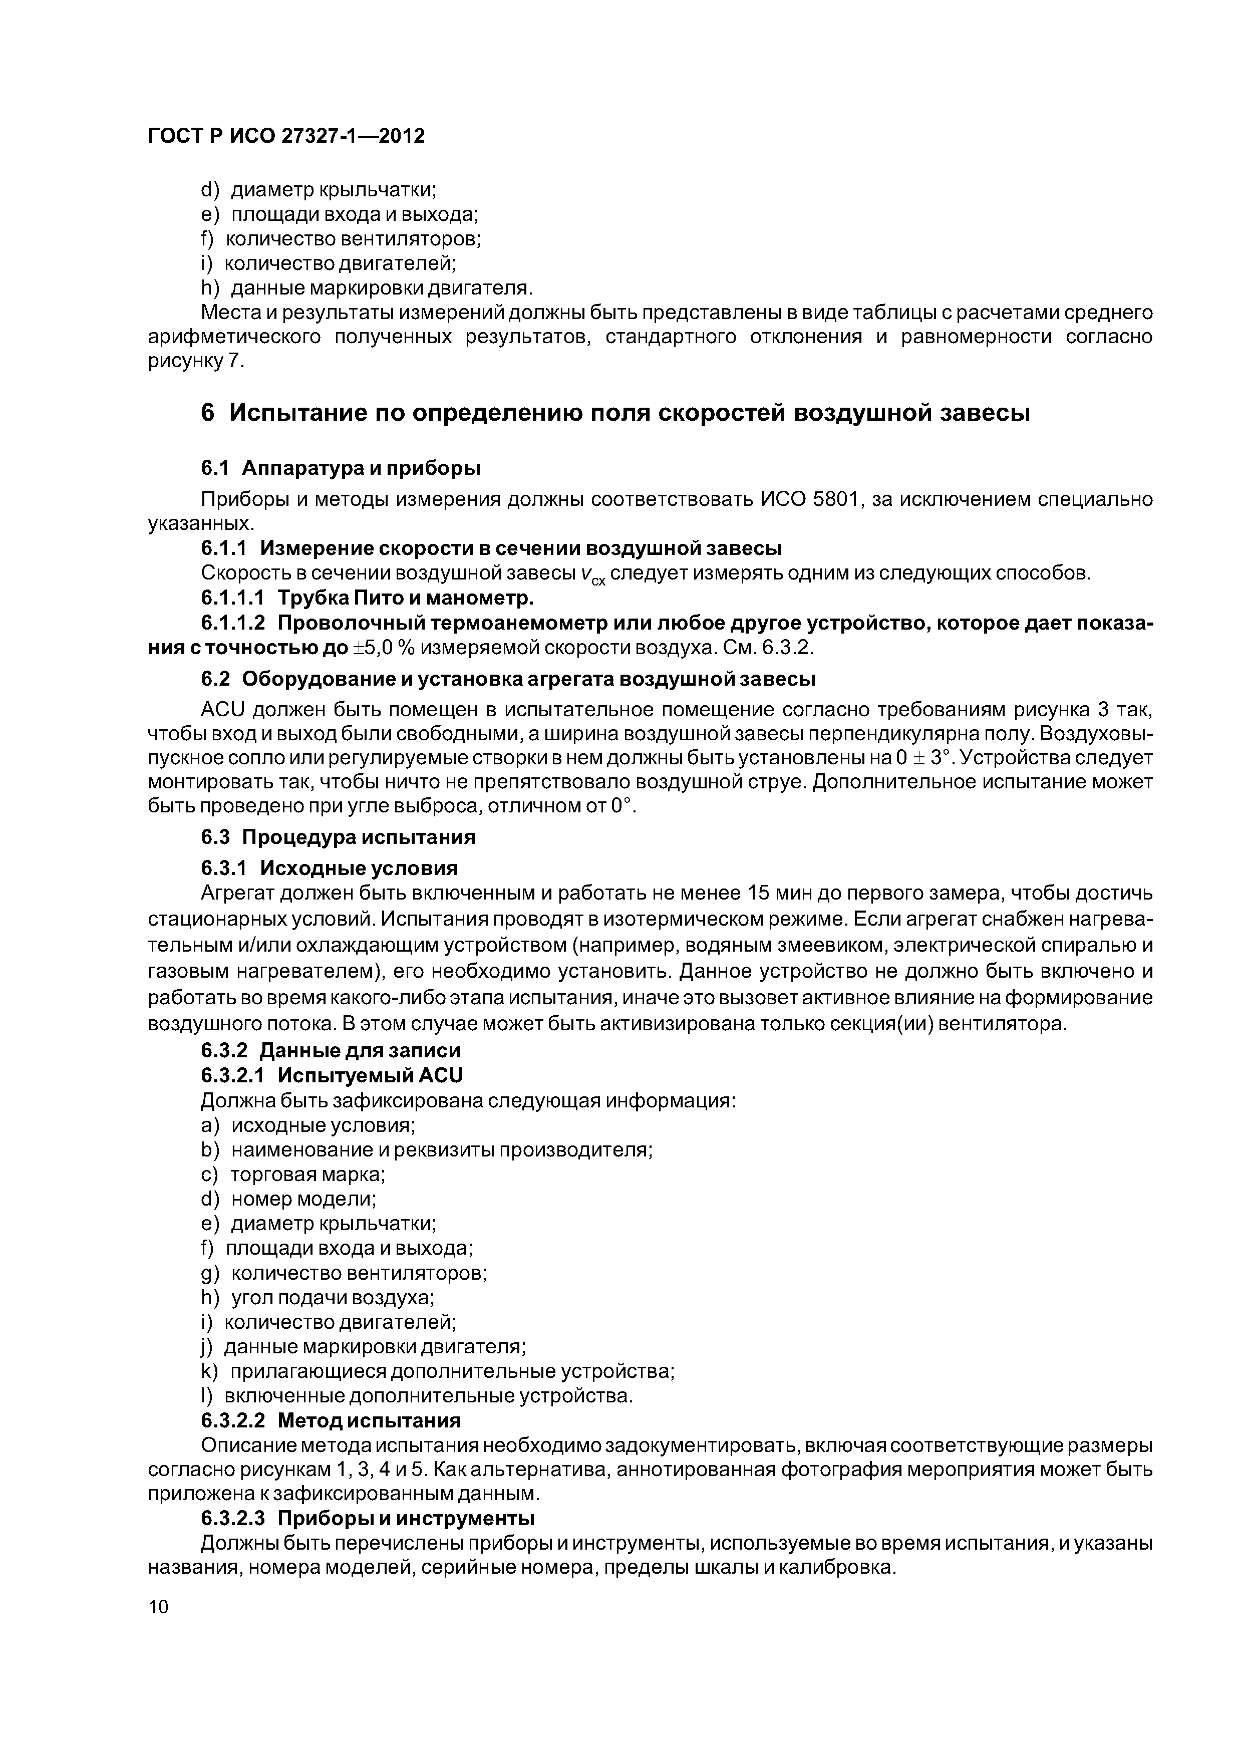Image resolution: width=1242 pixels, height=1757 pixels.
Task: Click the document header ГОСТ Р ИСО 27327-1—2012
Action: (x=285, y=136)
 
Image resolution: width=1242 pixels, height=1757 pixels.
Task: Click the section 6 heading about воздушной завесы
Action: (x=615, y=413)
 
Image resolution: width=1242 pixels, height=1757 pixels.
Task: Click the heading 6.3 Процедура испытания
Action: (x=338, y=837)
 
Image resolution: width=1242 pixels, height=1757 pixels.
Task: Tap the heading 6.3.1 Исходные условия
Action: (x=329, y=868)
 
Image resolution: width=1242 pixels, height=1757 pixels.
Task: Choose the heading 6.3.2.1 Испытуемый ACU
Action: (x=332, y=1076)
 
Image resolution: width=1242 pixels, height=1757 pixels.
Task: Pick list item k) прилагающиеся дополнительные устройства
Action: (x=438, y=1371)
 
